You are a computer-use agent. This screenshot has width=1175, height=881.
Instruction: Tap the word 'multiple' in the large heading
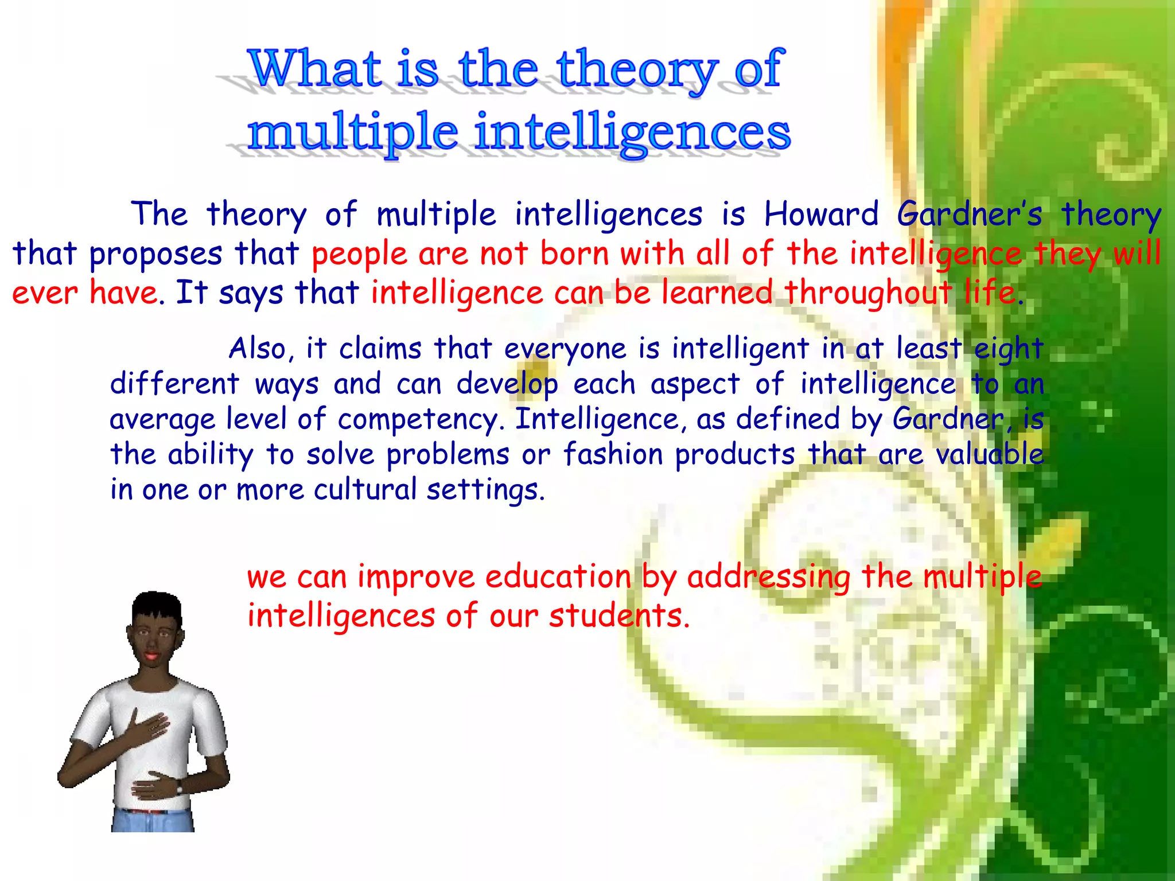point(352,133)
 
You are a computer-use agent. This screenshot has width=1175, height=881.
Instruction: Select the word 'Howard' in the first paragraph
point(821,215)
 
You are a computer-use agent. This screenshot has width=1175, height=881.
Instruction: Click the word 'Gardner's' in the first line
point(969,215)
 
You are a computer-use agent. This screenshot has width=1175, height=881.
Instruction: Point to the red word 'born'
point(575,254)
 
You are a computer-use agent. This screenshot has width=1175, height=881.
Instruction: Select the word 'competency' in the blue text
point(421,420)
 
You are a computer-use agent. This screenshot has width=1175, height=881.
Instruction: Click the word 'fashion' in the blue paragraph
point(612,454)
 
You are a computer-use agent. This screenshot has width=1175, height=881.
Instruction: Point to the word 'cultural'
point(365,490)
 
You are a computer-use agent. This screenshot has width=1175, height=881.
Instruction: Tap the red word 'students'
point(618,616)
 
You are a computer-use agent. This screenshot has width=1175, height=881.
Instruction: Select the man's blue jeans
point(152,820)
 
